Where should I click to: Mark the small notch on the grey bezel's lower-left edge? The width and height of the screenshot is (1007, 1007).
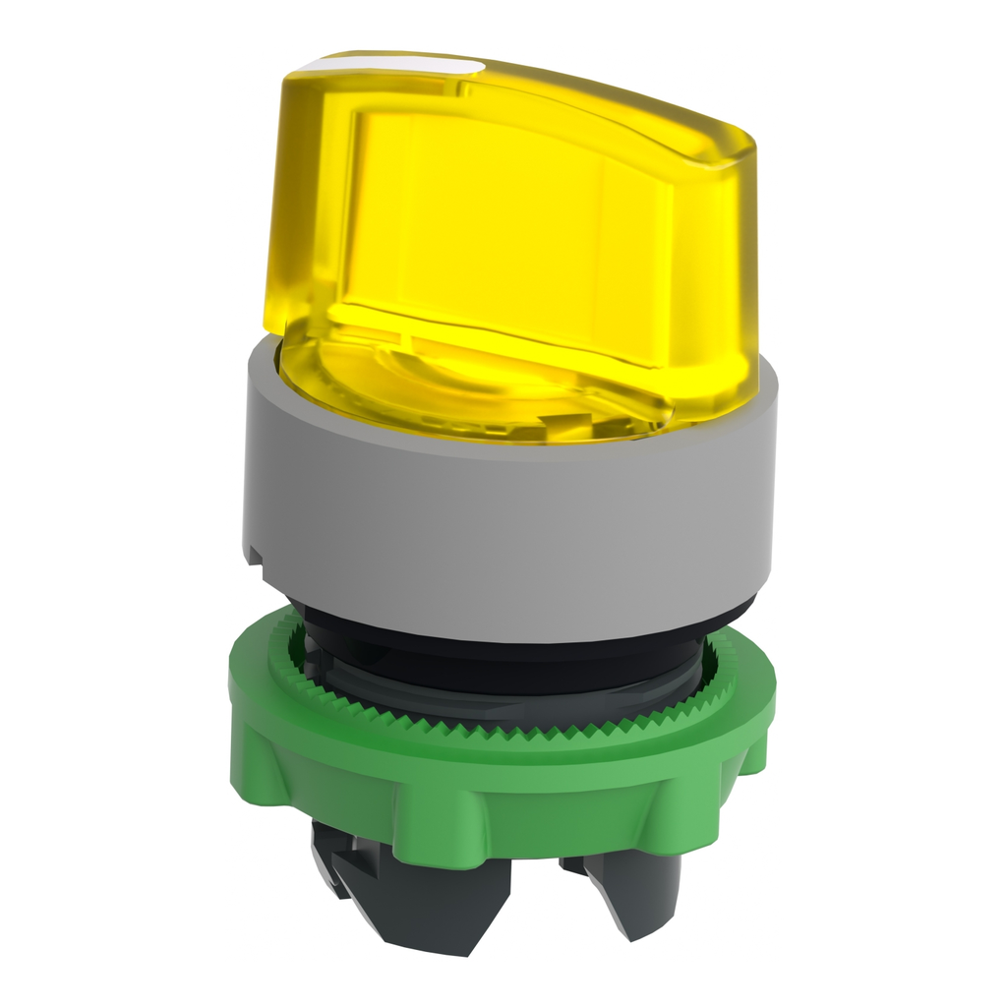click(255, 556)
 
